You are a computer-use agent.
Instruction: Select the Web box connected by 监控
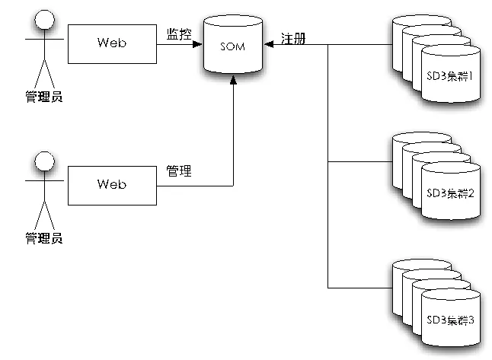[111, 43]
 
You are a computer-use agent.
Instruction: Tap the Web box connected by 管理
[111, 184]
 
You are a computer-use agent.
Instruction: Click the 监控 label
[179, 34]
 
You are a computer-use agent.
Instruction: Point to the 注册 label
[293, 39]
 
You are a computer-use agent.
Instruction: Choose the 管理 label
[179, 172]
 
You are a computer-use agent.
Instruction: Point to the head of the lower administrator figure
[43, 161]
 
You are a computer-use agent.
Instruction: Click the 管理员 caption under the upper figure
[43, 97]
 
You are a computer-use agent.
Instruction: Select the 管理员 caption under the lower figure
[43, 238]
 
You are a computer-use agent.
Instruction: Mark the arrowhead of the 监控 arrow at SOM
[199, 44]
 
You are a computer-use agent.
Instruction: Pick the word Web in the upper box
[111, 43]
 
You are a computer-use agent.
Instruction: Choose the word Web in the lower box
[111, 184]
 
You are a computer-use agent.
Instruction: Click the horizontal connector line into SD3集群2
[358, 161]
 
